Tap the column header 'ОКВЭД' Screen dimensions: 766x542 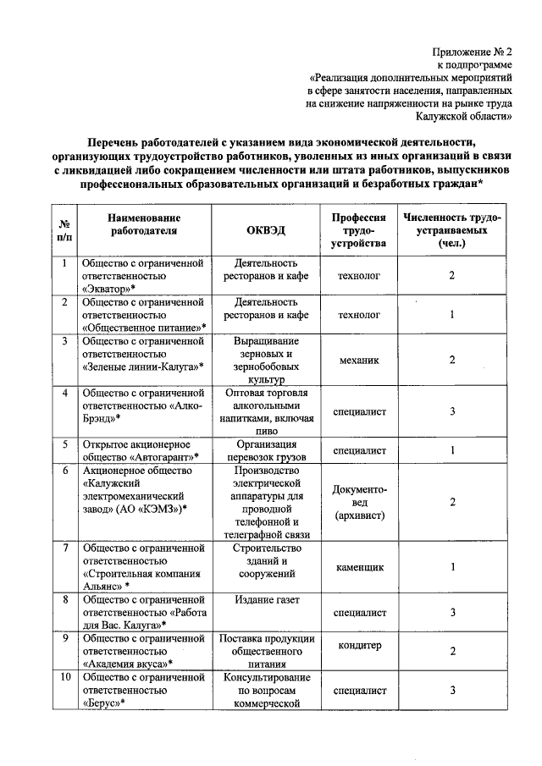coord(267,231)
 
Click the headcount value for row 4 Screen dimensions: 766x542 coord(453,411)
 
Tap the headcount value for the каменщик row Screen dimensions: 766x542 coord(453,567)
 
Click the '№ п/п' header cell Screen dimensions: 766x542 coord(64,231)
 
